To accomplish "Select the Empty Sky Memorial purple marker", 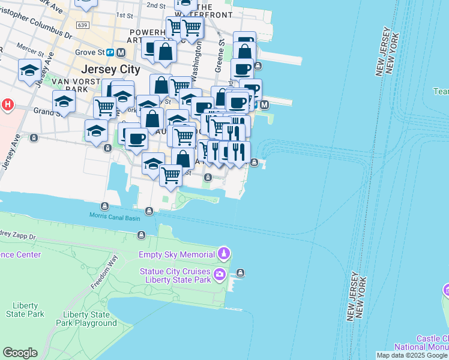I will click(224, 254).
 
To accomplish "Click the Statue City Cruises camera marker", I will click(220, 275).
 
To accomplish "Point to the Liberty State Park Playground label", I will click(89, 319).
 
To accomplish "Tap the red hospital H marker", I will click(7, 105).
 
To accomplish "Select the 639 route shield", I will click(83, 25).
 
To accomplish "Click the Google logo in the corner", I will click(20, 353).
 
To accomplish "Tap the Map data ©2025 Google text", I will click(412, 355).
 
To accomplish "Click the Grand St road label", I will click(44, 111).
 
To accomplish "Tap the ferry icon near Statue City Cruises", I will click(241, 273).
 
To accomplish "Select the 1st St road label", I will click(124, 15).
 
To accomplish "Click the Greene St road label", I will click(221, 50).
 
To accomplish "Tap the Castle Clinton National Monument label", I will click(421, 343).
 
